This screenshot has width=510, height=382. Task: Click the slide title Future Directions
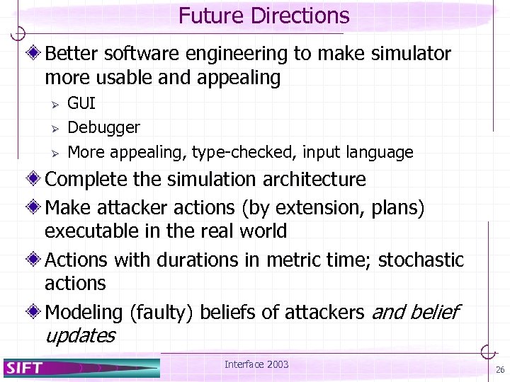(x=263, y=16)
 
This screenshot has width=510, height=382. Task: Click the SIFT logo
(x=25, y=366)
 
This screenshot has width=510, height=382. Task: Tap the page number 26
(x=500, y=370)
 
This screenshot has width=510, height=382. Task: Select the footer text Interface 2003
(x=256, y=364)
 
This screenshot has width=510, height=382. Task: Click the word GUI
(x=81, y=104)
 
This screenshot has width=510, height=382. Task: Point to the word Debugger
(x=103, y=128)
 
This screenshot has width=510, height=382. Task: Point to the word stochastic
(x=421, y=260)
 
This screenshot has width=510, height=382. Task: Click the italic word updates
(x=79, y=335)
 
